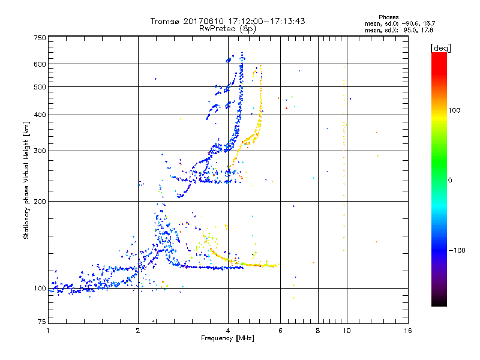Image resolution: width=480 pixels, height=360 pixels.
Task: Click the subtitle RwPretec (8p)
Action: pos(228,28)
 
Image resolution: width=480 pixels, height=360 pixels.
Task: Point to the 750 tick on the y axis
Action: pos(39,38)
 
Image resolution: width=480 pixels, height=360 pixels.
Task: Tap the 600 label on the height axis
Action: pos(39,64)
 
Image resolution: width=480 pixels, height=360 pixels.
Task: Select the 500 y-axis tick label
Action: pos(39,87)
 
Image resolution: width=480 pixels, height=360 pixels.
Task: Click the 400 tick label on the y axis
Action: pos(39,115)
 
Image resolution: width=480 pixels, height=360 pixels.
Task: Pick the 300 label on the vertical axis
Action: pos(39,151)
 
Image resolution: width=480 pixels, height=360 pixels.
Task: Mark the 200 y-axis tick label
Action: pos(39,201)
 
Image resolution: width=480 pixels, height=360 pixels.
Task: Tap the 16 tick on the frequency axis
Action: pos(408,331)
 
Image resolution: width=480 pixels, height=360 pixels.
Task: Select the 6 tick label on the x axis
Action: pos(280,331)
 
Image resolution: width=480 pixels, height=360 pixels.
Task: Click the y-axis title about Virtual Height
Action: pos(26,180)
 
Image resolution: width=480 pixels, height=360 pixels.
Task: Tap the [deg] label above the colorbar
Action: pos(440,47)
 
